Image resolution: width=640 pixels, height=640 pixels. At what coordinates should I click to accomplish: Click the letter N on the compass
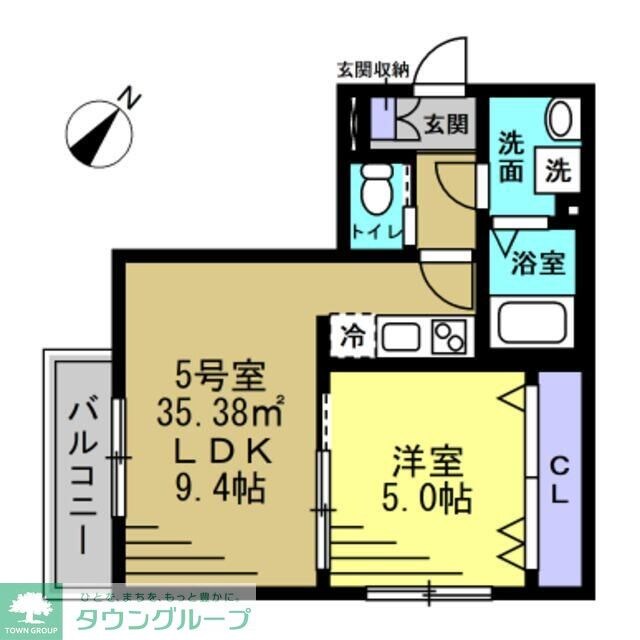(x=128, y=97)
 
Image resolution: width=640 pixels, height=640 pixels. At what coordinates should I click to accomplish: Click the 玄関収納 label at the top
(x=372, y=69)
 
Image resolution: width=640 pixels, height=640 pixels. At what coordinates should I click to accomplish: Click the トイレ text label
(x=377, y=235)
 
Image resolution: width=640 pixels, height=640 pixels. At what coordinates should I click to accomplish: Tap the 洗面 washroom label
(x=510, y=158)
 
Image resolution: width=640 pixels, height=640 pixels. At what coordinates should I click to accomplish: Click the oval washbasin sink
(x=561, y=120)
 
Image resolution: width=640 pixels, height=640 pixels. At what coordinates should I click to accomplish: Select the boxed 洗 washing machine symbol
(x=556, y=169)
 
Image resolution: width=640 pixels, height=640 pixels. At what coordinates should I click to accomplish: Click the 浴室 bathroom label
(x=539, y=264)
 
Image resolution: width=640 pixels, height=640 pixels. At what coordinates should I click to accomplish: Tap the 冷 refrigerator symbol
(x=352, y=334)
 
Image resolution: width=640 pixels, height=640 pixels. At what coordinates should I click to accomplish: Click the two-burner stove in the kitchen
(x=449, y=335)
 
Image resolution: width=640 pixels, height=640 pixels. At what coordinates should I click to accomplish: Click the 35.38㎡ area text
(x=221, y=409)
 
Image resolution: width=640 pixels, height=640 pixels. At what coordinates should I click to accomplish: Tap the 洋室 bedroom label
(x=427, y=462)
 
